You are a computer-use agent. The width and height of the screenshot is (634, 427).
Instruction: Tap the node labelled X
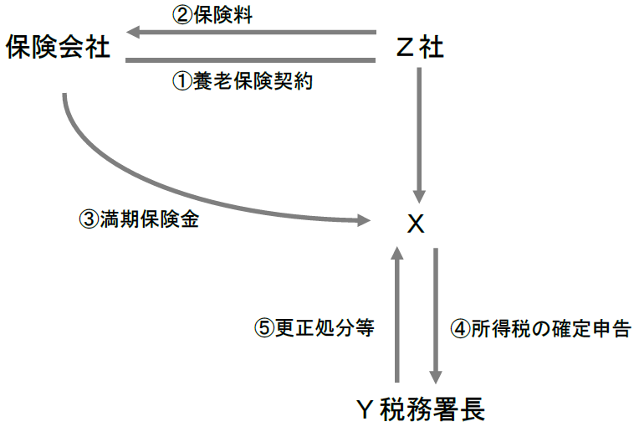tap(416, 224)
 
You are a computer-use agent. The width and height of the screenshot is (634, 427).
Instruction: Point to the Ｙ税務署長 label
tap(419, 408)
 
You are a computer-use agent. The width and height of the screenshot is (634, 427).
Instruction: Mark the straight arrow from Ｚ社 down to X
tap(420, 134)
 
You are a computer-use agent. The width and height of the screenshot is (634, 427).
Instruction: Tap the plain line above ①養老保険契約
tap(251, 60)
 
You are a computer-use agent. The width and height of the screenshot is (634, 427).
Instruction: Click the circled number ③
tap(88, 221)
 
